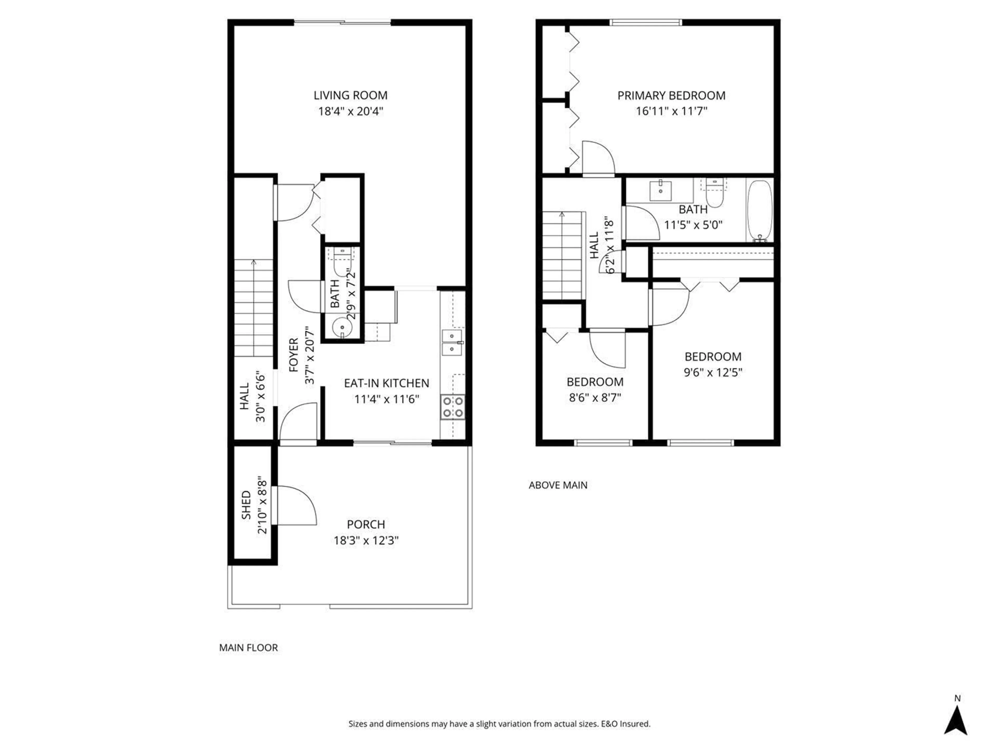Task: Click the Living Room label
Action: coord(350,95)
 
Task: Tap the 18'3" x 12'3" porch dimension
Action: coord(366,540)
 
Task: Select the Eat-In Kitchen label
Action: coord(387,383)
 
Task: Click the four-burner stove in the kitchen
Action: coord(452,407)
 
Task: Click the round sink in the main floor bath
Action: coord(342,327)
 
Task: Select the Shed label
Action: coord(246,505)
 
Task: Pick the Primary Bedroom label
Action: coord(671,96)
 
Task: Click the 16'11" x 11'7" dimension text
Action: coord(671,111)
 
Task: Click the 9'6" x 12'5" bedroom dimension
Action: coord(713,372)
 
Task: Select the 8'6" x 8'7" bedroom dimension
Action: coord(595,398)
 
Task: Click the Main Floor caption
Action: coord(248,647)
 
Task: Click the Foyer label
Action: coord(293,355)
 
